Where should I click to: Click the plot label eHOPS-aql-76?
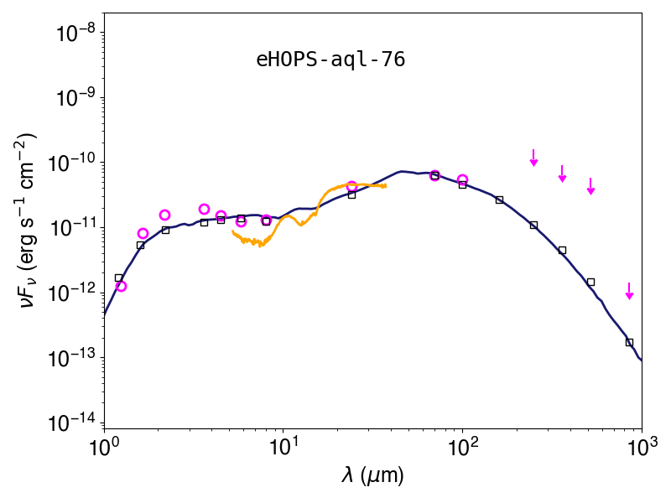point(330,60)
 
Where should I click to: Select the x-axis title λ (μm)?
point(372,475)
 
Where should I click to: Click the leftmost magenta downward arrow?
point(533,158)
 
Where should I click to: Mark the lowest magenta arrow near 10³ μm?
point(629,291)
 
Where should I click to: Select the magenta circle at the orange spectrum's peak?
point(351,186)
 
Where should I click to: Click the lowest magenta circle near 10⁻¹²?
point(121,286)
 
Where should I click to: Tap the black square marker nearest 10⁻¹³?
point(629,342)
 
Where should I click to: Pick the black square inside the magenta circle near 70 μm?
point(434,175)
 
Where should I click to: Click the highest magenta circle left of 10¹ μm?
point(204,209)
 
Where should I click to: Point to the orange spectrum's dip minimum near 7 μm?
point(260,246)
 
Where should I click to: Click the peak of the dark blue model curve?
point(401,171)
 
